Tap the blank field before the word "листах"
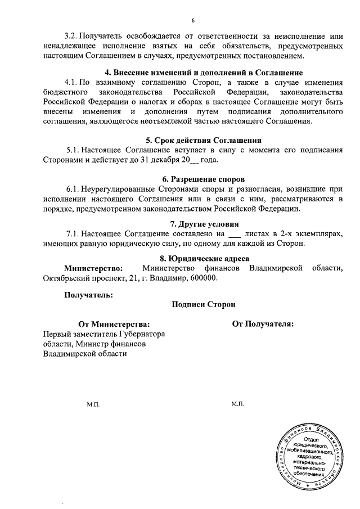tap(236, 233)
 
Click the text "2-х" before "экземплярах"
tap(277, 233)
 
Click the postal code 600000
tap(200, 278)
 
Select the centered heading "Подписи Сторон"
tap(204, 304)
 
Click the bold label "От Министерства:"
tap(114, 324)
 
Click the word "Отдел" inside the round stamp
tap(311, 439)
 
